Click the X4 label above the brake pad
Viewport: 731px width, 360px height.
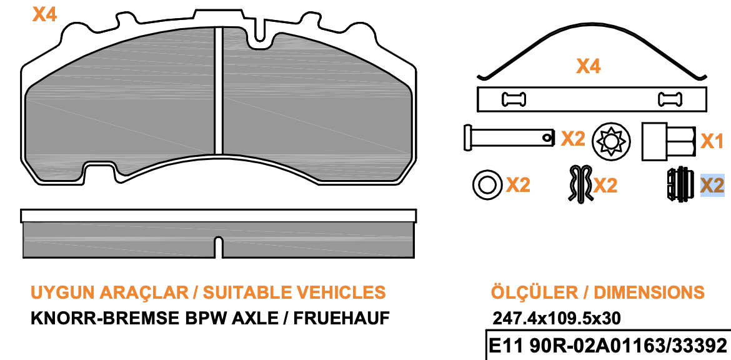tap(45, 14)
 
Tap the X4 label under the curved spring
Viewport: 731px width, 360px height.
tap(589, 66)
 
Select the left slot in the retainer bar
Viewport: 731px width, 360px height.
tap(514, 99)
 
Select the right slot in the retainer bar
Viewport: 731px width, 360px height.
tap(670, 99)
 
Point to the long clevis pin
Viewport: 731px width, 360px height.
tap(510, 137)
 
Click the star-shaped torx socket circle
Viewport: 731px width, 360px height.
tap(611, 139)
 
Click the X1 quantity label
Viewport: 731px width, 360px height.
tap(713, 141)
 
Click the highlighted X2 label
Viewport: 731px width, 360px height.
tap(712, 186)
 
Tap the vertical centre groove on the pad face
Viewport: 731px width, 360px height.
tap(219, 91)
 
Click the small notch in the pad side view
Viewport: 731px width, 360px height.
tap(219, 247)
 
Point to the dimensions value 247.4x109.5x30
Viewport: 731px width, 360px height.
tap(557, 319)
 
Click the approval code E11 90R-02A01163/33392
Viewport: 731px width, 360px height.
tap(607, 346)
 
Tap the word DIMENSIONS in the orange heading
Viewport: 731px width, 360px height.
tap(649, 292)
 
